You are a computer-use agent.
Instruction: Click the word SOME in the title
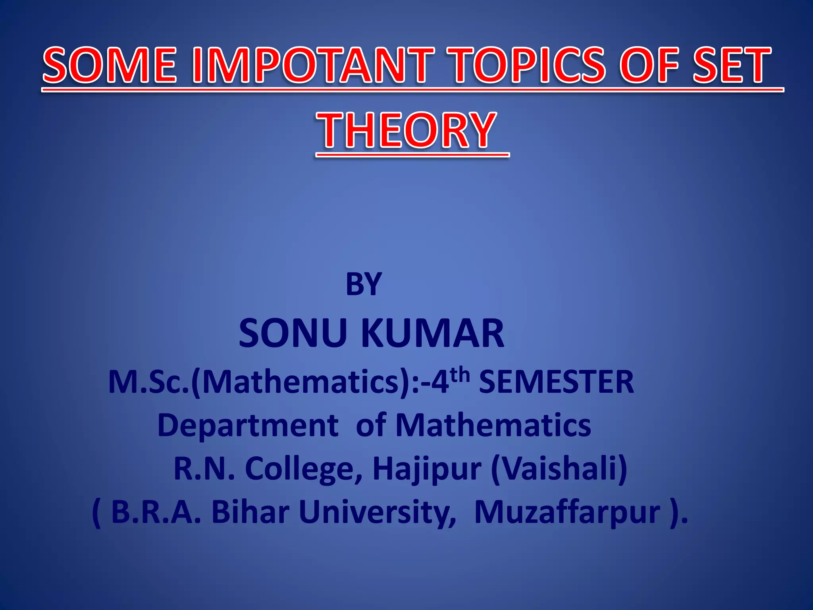coord(109,66)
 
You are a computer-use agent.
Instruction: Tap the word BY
coord(363,284)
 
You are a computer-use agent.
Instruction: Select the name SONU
coord(293,334)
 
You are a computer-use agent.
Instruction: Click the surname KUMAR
coord(432,334)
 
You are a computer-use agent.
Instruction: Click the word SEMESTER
coord(556,382)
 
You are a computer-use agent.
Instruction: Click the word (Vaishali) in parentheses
coord(559,469)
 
